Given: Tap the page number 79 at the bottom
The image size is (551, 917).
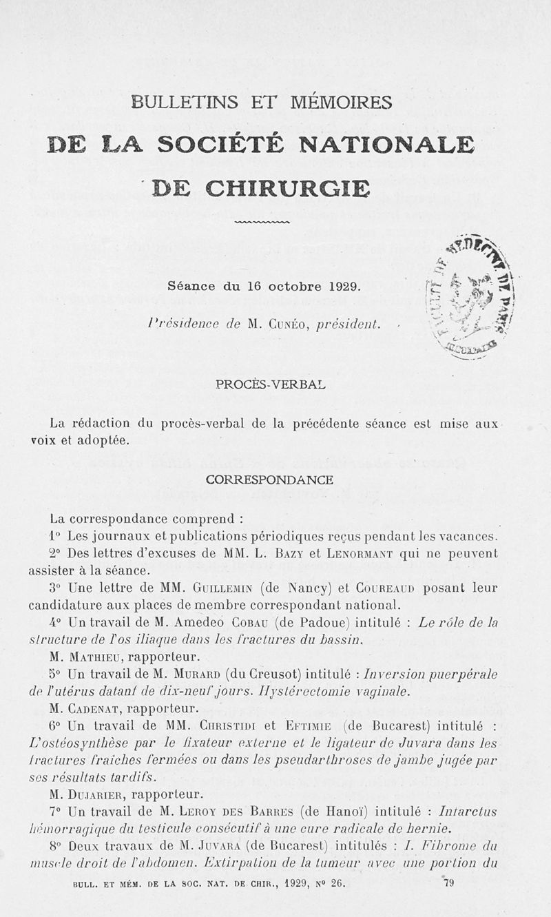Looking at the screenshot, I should (448, 881).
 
